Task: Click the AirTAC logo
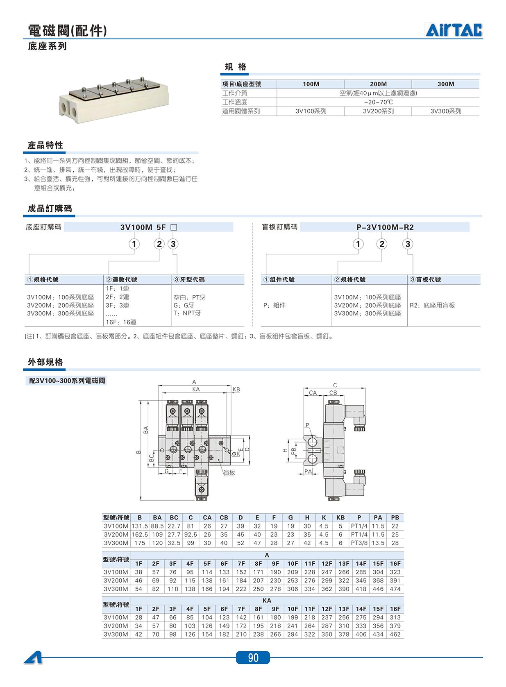[x=454, y=30]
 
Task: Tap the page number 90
[x=253, y=658]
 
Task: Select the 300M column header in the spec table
[x=446, y=84]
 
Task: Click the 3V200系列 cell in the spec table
[x=378, y=111]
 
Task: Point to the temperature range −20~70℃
[x=378, y=102]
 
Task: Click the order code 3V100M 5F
[x=143, y=227]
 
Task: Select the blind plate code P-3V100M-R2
[x=385, y=227]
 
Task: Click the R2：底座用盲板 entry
[x=432, y=305]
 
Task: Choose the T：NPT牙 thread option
[x=187, y=313]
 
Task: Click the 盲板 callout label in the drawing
[x=229, y=472]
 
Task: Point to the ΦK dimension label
[x=236, y=453]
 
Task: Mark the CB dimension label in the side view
[x=333, y=392]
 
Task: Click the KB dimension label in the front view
[x=236, y=389]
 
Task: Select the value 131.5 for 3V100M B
[x=140, y=526]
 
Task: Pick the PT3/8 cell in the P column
[x=359, y=543]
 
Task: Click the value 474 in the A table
[x=395, y=589]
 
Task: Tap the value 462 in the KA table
[x=395, y=634]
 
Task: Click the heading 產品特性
[x=45, y=145]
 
